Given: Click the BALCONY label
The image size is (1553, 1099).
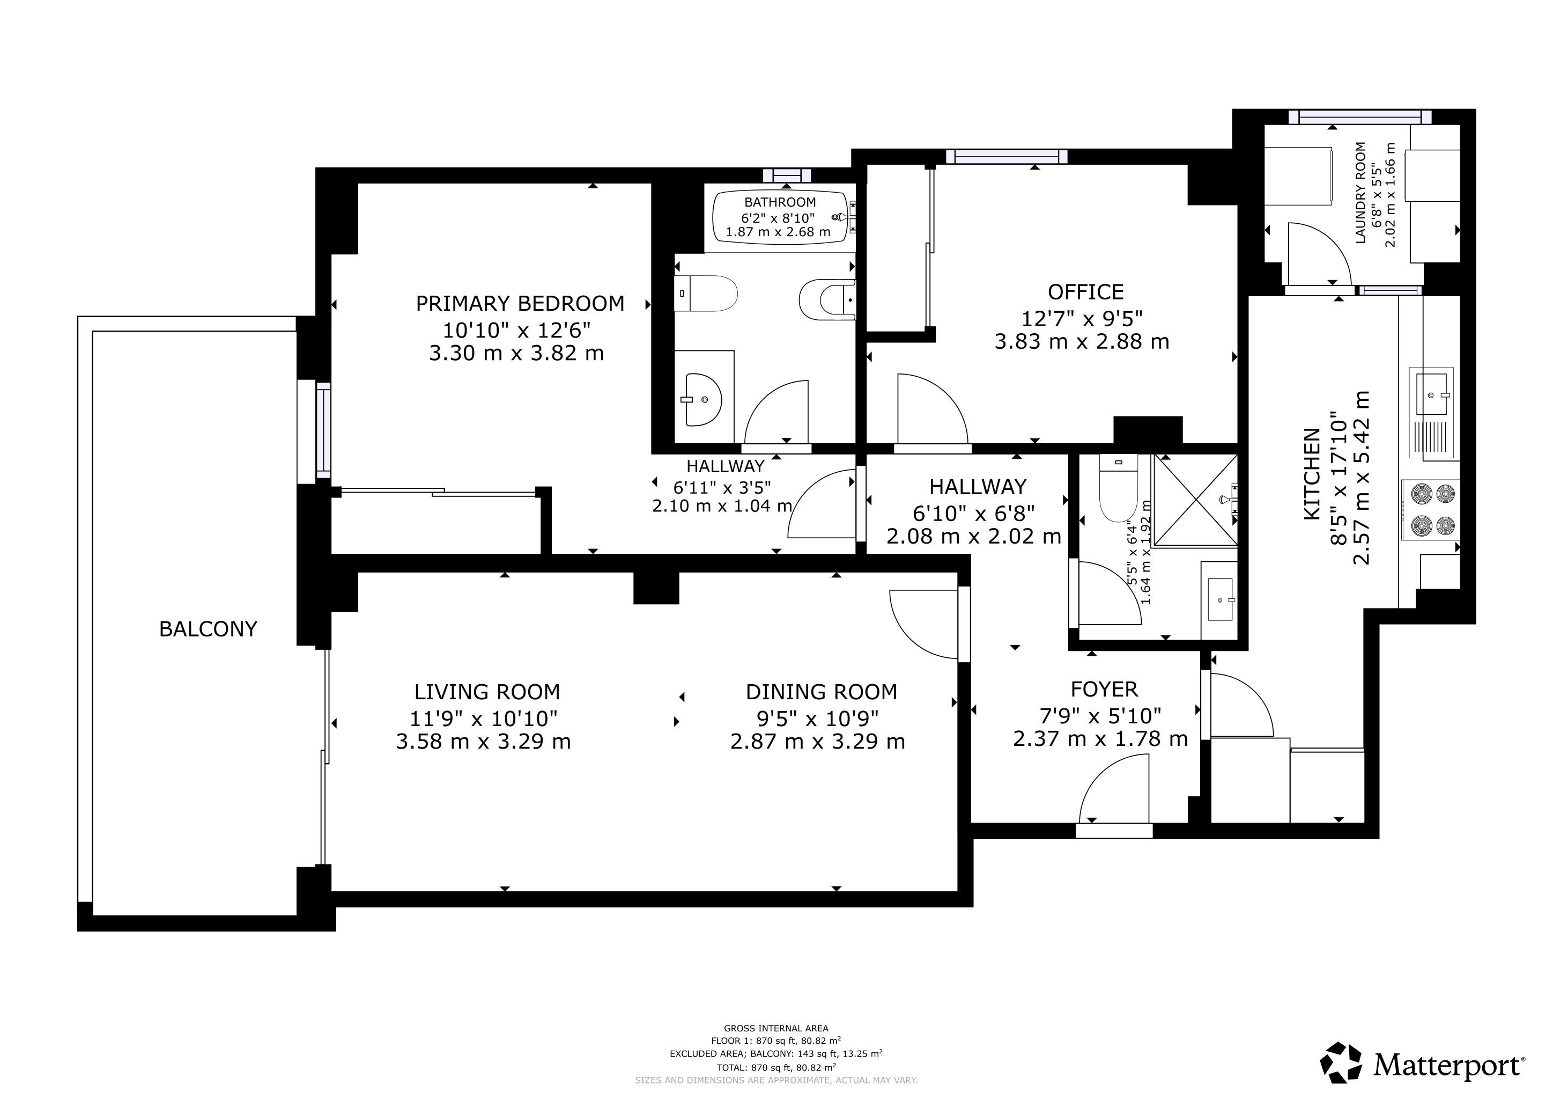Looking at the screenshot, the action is [208, 629].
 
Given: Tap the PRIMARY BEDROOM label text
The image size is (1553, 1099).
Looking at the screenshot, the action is [520, 304].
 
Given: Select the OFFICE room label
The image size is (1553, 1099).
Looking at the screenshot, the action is [1085, 292].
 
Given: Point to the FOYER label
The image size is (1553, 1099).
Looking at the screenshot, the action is [1104, 690].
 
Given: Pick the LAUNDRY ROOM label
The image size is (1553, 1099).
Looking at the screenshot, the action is [1361, 192].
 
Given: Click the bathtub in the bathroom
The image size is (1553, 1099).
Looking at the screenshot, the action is [780, 218].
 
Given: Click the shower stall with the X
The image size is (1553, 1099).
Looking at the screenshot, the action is [1195, 500].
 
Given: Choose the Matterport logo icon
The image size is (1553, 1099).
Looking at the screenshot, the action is [1342, 1062].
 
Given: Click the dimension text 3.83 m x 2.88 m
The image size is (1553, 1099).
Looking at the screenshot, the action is [1082, 342].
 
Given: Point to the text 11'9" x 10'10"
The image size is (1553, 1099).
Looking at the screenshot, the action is [484, 718].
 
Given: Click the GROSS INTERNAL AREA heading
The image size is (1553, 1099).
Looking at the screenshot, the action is [776, 1029].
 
